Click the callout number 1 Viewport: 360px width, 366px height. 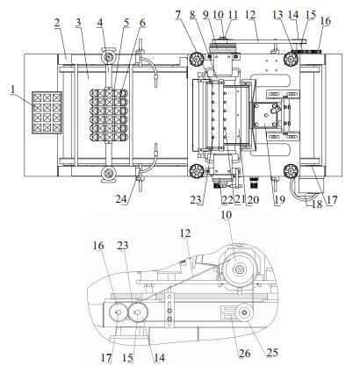(x=12, y=90)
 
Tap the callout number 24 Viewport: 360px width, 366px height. (x=121, y=199)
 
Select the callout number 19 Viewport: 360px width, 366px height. (x=279, y=200)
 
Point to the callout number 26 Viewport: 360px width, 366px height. (x=244, y=354)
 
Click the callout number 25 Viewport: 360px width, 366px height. (x=272, y=353)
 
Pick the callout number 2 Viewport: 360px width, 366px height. (x=57, y=24)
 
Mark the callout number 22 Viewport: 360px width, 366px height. (x=228, y=200)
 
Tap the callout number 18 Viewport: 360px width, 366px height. (x=317, y=205)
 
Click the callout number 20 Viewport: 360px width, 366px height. (x=253, y=200)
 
